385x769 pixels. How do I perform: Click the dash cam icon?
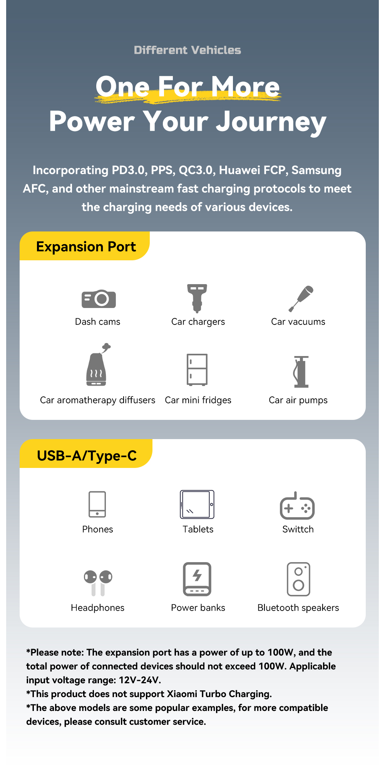pyautogui.click(x=99, y=299)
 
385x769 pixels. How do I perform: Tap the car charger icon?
pyautogui.click(x=197, y=298)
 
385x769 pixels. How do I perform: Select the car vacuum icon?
pyautogui.click(x=301, y=299)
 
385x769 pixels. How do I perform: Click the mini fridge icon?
pyautogui.click(x=197, y=370)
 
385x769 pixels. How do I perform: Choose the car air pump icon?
pyautogui.click(x=301, y=371)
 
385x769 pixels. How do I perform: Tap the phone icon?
pyautogui.click(x=97, y=504)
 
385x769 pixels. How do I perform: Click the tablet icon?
pyautogui.click(x=197, y=504)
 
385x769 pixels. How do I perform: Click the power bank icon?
pyautogui.click(x=197, y=579)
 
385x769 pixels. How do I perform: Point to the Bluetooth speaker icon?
pyautogui.click(x=298, y=579)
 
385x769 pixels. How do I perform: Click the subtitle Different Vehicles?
pyautogui.click(x=187, y=50)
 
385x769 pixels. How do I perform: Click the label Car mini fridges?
pyautogui.click(x=198, y=400)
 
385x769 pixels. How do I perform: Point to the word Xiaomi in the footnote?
pyautogui.click(x=181, y=694)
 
